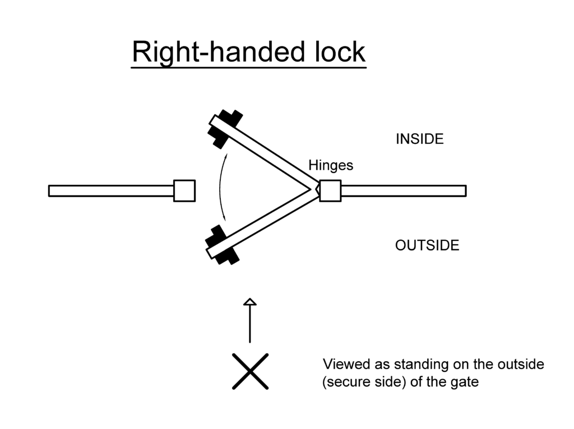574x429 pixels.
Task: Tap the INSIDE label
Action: [419, 139]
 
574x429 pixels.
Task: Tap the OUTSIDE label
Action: [427, 245]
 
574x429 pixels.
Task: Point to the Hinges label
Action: [331, 165]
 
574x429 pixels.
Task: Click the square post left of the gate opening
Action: [184, 190]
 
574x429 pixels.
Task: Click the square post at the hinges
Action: [330, 190]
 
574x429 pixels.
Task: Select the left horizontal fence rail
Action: [111, 190]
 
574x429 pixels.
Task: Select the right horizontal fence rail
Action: [404, 190]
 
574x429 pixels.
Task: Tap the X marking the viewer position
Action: [250, 371]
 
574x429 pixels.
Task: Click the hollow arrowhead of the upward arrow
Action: [250, 302]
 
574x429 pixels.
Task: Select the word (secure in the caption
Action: [343, 383]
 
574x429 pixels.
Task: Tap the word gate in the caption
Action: [466, 383]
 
